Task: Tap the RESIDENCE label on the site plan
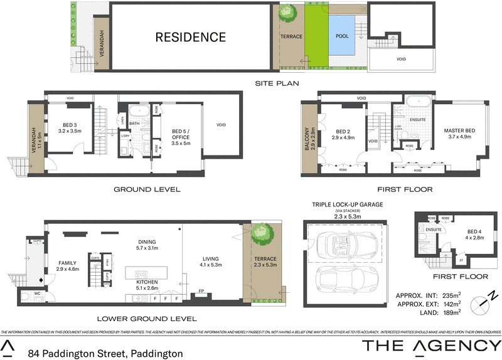pyautogui.click(x=191, y=37)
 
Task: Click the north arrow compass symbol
pyautogui.click(x=481, y=302)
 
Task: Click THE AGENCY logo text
pyautogui.click(x=432, y=345)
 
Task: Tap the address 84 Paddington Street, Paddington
pyautogui.click(x=105, y=354)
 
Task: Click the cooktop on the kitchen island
pyautogui.click(x=137, y=273)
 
